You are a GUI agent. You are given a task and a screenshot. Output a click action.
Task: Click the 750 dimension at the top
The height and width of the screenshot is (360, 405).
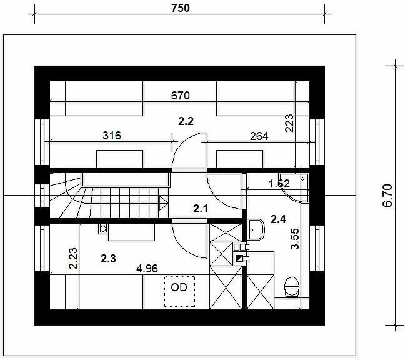point(180,8)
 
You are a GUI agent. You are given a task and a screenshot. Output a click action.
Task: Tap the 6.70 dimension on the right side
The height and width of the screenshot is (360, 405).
point(387,196)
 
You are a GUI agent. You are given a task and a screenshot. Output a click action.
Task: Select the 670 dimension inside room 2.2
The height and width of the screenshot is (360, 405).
point(180,96)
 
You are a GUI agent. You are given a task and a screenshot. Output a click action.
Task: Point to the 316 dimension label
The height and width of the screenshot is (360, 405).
point(112,136)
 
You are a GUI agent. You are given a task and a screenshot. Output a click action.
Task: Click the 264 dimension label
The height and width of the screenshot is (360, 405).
point(259,136)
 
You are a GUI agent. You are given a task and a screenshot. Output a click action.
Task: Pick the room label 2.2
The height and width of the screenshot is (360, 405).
point(186,121)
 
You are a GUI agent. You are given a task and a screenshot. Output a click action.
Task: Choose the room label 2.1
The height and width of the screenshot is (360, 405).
point(201,209)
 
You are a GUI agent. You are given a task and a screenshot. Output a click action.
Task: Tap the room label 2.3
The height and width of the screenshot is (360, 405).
point(108,259)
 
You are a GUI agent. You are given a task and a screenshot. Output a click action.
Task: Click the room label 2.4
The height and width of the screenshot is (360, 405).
point(279,219)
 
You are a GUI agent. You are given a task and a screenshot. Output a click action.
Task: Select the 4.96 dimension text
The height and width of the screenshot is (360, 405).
point(147,269)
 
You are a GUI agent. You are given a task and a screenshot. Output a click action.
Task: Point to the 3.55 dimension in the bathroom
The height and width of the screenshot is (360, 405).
point(295,239)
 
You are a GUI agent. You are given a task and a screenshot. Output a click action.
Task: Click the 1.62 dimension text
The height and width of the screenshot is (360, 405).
point(279,184)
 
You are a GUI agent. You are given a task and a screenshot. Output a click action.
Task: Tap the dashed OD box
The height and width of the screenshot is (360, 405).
point(179,291)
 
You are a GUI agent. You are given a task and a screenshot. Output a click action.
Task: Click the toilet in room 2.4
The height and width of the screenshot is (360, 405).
point(292,287)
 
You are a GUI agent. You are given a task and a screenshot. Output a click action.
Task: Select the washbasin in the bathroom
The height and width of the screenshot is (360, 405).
point(256,229)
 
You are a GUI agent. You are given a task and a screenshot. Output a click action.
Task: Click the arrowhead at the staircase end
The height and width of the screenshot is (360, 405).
point(164,202)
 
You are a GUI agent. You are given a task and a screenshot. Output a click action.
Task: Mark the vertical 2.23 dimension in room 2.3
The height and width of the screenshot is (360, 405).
point(73,259)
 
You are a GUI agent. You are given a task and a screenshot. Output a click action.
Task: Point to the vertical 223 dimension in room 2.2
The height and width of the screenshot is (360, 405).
point(289,123)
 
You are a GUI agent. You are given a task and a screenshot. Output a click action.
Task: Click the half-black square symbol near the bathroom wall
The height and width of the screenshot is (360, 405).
point(239,258)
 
